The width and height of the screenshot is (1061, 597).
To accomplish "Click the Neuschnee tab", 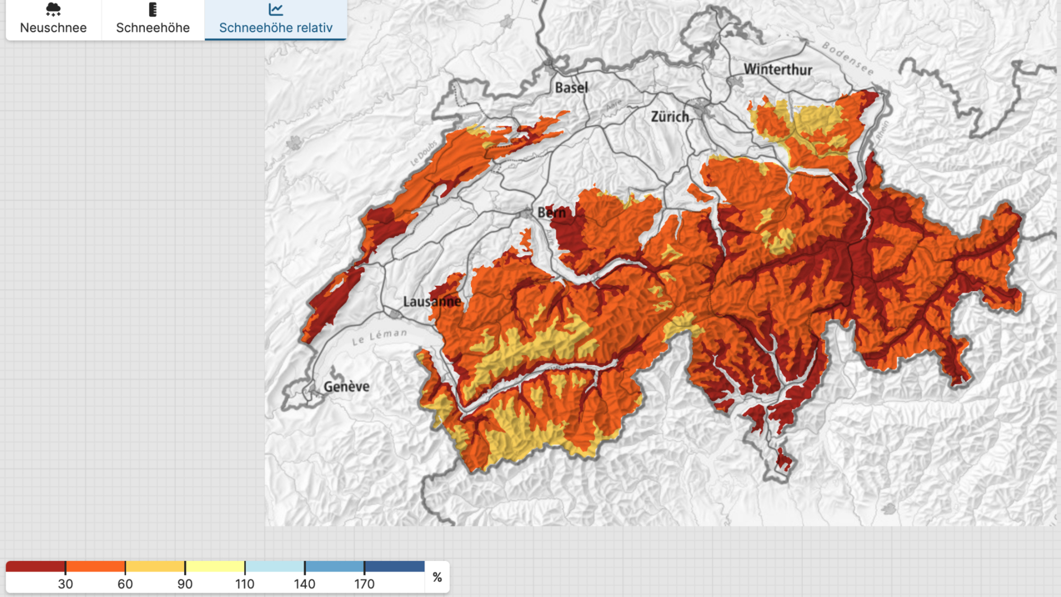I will click(x=53, y=20).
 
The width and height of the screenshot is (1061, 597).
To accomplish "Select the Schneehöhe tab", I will click(x=153, y=20).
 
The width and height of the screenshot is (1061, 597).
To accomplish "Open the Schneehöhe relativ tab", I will click(x=276, y=20).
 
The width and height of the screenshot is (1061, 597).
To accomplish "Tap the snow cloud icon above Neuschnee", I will click(x=53, y=9).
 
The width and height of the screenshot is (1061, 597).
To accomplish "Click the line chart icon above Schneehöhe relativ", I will click(x=276, y=9).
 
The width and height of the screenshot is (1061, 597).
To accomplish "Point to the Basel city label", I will click(x=571, y=87).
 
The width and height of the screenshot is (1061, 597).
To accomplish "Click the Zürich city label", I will click(x=670, y=117).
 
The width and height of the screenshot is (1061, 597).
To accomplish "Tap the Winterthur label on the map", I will click(x=778, y=69).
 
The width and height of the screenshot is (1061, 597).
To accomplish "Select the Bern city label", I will click(x=552, y=213).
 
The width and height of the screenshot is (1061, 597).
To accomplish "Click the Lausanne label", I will click(x=432, y=302).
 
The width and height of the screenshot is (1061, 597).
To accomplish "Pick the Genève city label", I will click(x=346, y=387).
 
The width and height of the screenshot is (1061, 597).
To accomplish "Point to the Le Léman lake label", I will click(x=380, y=336).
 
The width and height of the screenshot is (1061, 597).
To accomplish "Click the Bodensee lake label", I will click(x=847, y=58).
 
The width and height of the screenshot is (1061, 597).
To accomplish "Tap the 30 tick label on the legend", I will click(x=65, y=584).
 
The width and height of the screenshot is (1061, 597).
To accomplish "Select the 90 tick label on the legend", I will click(x=185, y=584).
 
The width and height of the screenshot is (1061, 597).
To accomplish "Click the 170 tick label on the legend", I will click(x=364, y=584).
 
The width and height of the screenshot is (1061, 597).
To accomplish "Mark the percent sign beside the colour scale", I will click(x=437, y=577).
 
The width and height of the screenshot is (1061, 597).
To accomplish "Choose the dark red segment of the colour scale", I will click(x=36, y=566).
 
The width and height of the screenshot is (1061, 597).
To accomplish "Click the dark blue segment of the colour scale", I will click(x=394, y=566).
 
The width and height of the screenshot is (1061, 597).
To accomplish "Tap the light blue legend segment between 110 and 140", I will click(x=275, y=566).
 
